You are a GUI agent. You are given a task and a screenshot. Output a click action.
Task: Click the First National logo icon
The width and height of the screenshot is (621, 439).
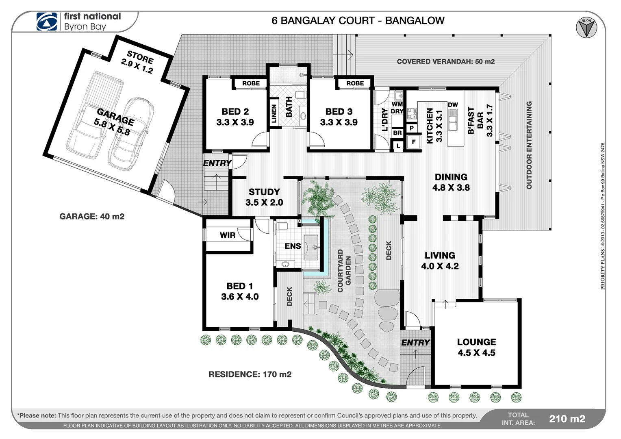pos(47,22)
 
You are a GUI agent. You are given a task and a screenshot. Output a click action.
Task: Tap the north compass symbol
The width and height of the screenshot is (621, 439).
pos(586,28)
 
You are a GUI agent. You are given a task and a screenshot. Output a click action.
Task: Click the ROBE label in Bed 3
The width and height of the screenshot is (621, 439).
pos(355,83)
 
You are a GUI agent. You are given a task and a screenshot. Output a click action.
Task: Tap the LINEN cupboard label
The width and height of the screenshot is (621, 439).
pos(274,113)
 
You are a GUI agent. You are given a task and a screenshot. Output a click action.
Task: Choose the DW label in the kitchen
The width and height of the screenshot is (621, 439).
pos(453,105)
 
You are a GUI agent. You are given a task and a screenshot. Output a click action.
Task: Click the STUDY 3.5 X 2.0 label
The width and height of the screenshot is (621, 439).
pos(264,197)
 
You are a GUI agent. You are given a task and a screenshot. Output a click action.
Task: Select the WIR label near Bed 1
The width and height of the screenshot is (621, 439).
pos(227,235)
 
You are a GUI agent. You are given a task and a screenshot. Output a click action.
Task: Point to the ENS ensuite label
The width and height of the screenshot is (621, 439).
pos(293,246)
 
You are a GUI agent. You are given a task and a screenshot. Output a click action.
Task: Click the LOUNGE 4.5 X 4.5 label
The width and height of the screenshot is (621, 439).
pos(476,347)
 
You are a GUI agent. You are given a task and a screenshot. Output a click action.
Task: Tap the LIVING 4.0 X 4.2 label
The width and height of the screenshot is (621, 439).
pos(440,261)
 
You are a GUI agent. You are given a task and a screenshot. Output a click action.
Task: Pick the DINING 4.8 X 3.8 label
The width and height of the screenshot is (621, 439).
pos(451,182)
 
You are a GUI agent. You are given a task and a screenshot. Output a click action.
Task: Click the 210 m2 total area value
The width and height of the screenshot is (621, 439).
pos(567,419)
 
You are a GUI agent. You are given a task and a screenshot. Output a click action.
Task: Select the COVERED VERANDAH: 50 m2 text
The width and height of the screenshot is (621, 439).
pos(445,62)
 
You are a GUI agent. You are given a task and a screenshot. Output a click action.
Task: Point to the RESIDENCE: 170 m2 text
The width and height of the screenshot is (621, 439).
pos(250,374)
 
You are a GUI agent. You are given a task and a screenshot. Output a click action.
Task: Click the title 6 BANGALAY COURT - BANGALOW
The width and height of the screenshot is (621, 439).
pos(358,21)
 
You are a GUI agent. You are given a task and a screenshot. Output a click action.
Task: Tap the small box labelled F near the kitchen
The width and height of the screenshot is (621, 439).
pos(414,142)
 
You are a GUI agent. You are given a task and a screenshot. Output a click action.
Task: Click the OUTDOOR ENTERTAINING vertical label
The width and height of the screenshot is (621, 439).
pos(529,145)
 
